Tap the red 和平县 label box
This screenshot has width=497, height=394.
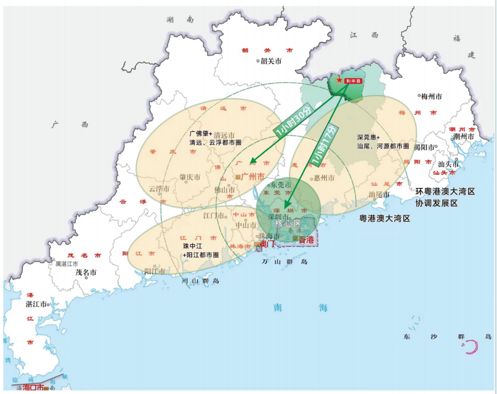[352, 81]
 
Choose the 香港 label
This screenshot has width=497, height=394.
[306, 239]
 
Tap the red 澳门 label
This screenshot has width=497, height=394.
[267, 244]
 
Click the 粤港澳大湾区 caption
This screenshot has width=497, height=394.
[384, 218]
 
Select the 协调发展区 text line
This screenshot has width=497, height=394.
[437, 203]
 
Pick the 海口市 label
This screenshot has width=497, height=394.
[33, 387]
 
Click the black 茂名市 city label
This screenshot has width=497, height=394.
[86, 272]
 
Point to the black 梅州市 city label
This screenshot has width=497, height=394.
[431, 96]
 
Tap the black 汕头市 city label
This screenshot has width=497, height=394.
[448, 164]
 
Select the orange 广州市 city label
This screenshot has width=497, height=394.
[253, 177]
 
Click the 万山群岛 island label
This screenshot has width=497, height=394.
[285, 261]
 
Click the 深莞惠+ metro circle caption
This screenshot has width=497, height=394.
[368, 137]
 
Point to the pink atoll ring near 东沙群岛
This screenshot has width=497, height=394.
[472, 347]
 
